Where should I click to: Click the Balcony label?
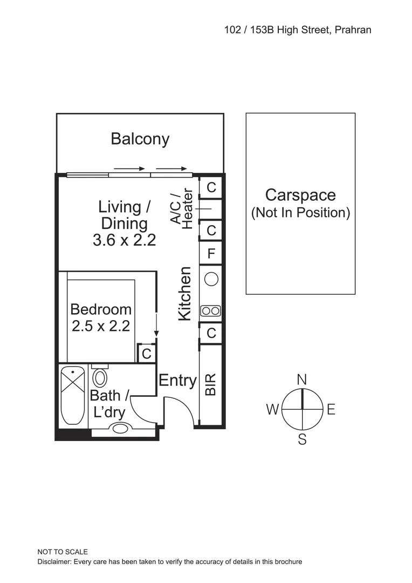(x=140, y=139)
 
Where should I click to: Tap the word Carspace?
(x=300, y=195)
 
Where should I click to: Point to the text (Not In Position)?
(x=300, y=213)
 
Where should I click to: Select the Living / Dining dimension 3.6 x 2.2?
(x=124, y=240)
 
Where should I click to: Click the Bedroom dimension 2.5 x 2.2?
(x=101, y=326)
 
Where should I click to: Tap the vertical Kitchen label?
(x=185, y=294)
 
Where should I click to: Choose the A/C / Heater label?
(x=182, y=209)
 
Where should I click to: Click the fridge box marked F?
(x=211, y=253)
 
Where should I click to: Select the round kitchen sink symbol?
(x=211, y=279)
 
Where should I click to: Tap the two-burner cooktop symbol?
(x=211, y=310)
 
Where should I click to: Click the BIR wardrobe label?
(x=211, y=385)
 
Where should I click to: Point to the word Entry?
(x=177, y=381)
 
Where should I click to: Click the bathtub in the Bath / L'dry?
(x=73, y=395)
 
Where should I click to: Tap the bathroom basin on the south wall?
(x=120, y=428)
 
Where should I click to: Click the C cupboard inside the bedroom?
(x=146, y=354)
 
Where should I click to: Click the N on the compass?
(x=302, y=379)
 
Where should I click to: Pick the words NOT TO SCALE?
(x=62, y=552)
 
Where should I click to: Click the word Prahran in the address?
(x=353, y=30)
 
